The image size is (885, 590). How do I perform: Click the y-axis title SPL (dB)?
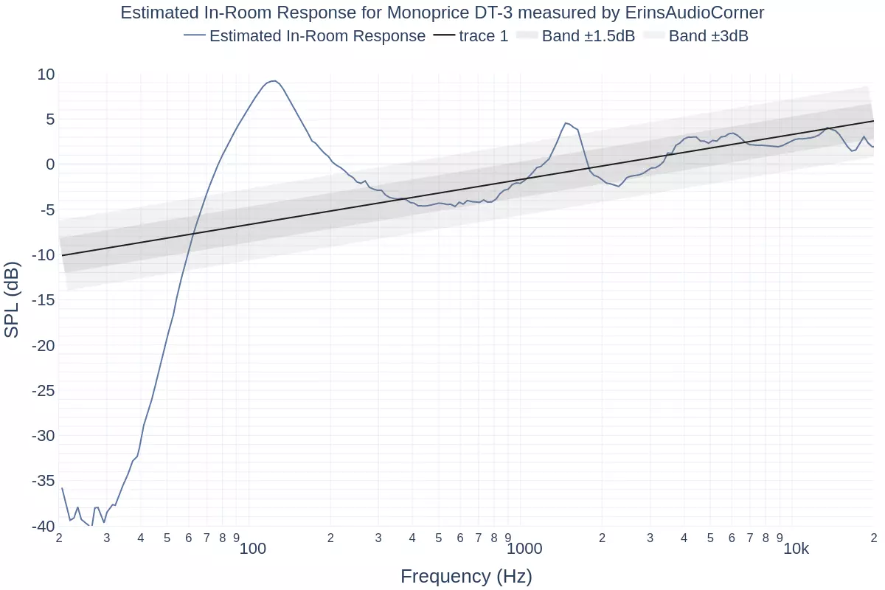pos(12,299)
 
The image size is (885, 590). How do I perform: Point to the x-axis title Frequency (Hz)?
pos(466,576)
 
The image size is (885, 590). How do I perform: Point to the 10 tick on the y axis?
pos(46,74)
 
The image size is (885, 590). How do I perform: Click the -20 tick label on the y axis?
pos(43,345)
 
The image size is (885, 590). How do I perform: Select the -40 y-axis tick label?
pos(43,526)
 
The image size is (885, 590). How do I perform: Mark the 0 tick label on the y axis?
pos(50,164)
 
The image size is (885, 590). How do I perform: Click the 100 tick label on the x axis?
pos(252,549)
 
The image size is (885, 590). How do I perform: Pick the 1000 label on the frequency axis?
pos(524,549)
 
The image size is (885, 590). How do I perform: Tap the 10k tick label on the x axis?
pos(796,549)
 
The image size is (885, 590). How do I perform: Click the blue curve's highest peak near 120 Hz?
pos(274,80)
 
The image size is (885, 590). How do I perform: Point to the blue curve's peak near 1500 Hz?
pos(566,123)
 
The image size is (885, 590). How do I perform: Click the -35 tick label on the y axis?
pos(43,481)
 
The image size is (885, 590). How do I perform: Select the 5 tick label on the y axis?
pos(50,119)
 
